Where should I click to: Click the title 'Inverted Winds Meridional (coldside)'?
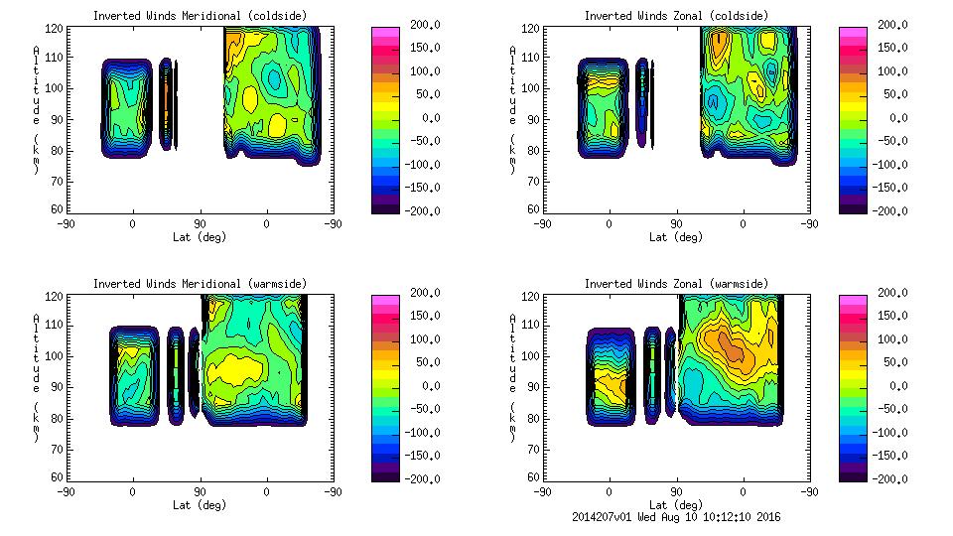pos(200,15)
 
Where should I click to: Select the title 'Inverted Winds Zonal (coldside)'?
pos(676,15)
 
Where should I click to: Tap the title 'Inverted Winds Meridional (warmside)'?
pos(200,283)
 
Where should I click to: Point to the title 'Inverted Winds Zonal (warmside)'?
pos(676,283)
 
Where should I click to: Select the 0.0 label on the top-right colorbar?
pos(892,118)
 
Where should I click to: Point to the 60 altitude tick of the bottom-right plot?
pos(531,477)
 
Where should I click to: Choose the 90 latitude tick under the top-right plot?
pos(676,223)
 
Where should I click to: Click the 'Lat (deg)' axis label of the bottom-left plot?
pos(200,503)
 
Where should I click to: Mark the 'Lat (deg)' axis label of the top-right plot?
pos(676,236)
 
